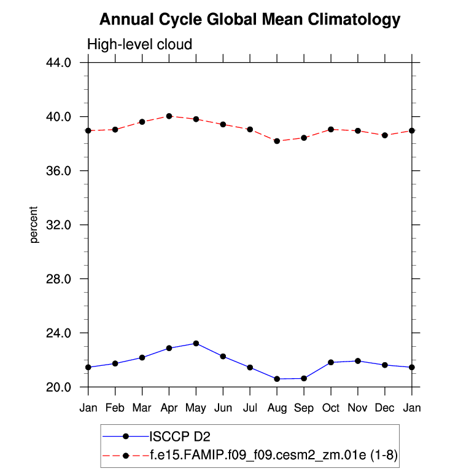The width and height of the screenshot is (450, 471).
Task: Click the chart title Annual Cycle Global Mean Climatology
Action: [x=249, y=20]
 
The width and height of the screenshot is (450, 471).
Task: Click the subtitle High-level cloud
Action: [x=140, y=45]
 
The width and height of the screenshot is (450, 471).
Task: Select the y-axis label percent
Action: [x=35, y=224]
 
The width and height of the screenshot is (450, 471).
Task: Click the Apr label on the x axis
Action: [x=169, y=408]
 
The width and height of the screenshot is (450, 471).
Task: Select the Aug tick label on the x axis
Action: [x=277, y=408]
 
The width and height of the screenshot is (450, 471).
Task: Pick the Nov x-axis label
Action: [x=358, y=408]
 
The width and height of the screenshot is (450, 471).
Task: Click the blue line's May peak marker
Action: [x=196, y=343]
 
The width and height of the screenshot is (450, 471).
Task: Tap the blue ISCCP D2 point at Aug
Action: [x=277, y=379]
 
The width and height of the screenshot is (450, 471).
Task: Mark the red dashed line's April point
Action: [x=169, y=116]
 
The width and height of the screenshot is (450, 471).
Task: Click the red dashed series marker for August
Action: [x=277, y=141]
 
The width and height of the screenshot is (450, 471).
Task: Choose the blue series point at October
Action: [x=331, y=362]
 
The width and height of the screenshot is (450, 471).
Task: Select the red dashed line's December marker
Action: [x=385, y=135]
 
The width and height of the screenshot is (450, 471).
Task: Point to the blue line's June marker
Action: [x=223, y=357]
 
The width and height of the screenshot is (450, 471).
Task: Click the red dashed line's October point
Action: [x=331, y=129]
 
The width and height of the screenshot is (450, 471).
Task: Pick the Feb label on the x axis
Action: [x=115, y=408]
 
